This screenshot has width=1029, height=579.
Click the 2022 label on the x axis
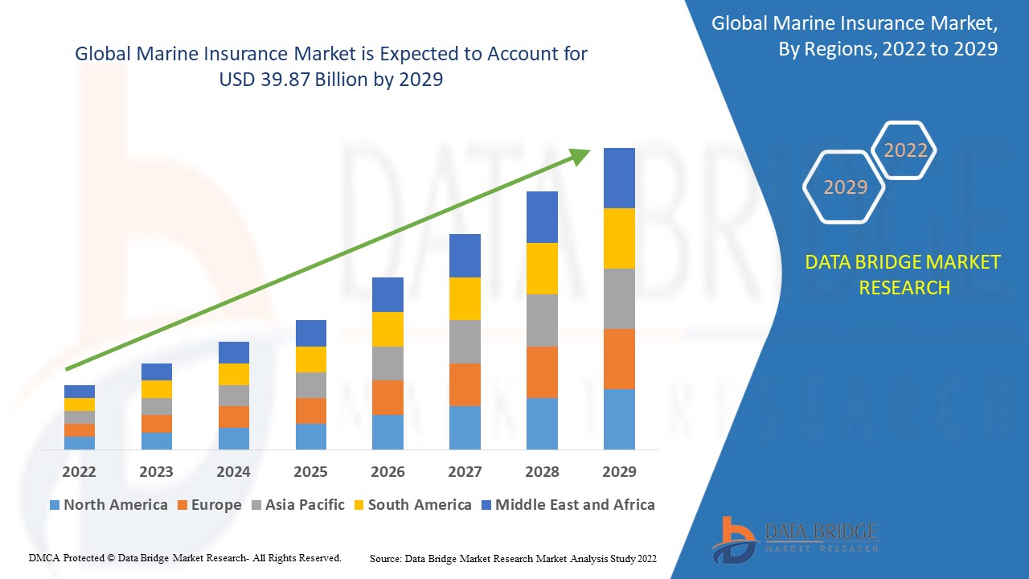coord(79,471)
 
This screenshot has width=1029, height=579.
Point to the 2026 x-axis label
coord(387,471)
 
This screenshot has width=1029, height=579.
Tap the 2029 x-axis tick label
coord(619,471)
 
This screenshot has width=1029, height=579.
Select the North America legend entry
coord(109,505)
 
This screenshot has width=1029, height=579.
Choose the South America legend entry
coord(412,505)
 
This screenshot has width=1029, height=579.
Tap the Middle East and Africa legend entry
coord(568,505)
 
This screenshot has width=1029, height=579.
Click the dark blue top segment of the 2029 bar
coord(619,178)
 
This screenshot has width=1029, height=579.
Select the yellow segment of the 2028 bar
coord(542,269)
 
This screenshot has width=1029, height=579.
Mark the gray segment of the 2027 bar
coord(465,342)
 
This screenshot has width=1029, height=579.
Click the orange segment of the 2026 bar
coord(387,397)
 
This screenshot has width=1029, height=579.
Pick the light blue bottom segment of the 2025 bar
coord(310,436)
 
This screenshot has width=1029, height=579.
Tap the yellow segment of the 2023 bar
coord(156,389)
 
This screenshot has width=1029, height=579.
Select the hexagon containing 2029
coord(845,187)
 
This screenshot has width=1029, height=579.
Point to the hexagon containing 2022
coord(905,150)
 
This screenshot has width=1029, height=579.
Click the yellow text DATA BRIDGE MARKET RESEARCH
coord(904,274)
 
